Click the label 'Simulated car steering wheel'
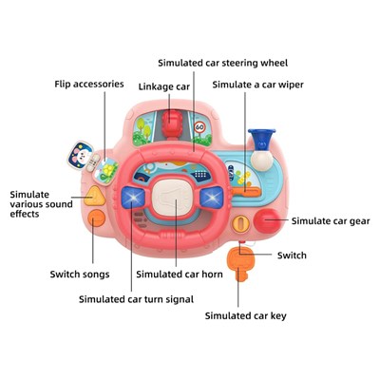click(223, 63)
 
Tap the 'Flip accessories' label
click(89, 85)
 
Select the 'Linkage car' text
click(164, 86)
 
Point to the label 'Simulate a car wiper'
click(257, 85)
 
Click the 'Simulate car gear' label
click(331, 221)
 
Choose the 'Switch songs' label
click(80, 275)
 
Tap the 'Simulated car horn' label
click(180, 275)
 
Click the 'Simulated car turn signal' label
click(136, 299)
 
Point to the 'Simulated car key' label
click(245, 315)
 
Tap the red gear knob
click(267, 220)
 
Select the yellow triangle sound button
click(94, 196)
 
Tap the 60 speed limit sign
click(199, 127)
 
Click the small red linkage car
click(172, 123)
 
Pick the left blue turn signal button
click(133, 197)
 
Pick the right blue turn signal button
click(212, 197)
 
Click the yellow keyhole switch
click(241, 224)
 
